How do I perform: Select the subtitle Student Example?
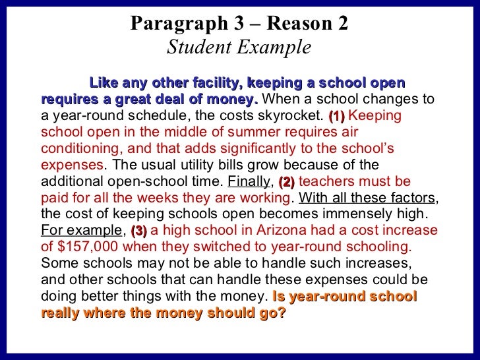pos(239,47)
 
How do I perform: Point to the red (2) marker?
pos(287,181)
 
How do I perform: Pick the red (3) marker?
pos(138,231)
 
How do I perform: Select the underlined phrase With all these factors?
pos(367,197)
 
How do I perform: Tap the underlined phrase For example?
pos(81,231)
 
